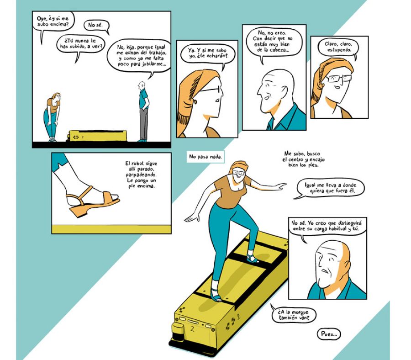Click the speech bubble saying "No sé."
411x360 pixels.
(96, 26)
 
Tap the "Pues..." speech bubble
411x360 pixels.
(329, 334)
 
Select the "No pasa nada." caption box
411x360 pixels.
(205, 157)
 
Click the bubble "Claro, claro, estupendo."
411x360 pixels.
(338, 48)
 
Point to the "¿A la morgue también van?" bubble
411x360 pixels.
(294, 315)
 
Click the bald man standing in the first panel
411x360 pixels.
(143, 111)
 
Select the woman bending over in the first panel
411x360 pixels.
(53, 117)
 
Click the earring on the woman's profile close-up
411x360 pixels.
(195, 101)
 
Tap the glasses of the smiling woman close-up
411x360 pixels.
(339, 78)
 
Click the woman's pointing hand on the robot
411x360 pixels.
(280, 185)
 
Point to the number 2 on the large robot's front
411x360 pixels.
(193, 329)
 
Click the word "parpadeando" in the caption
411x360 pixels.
(141, 175)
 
